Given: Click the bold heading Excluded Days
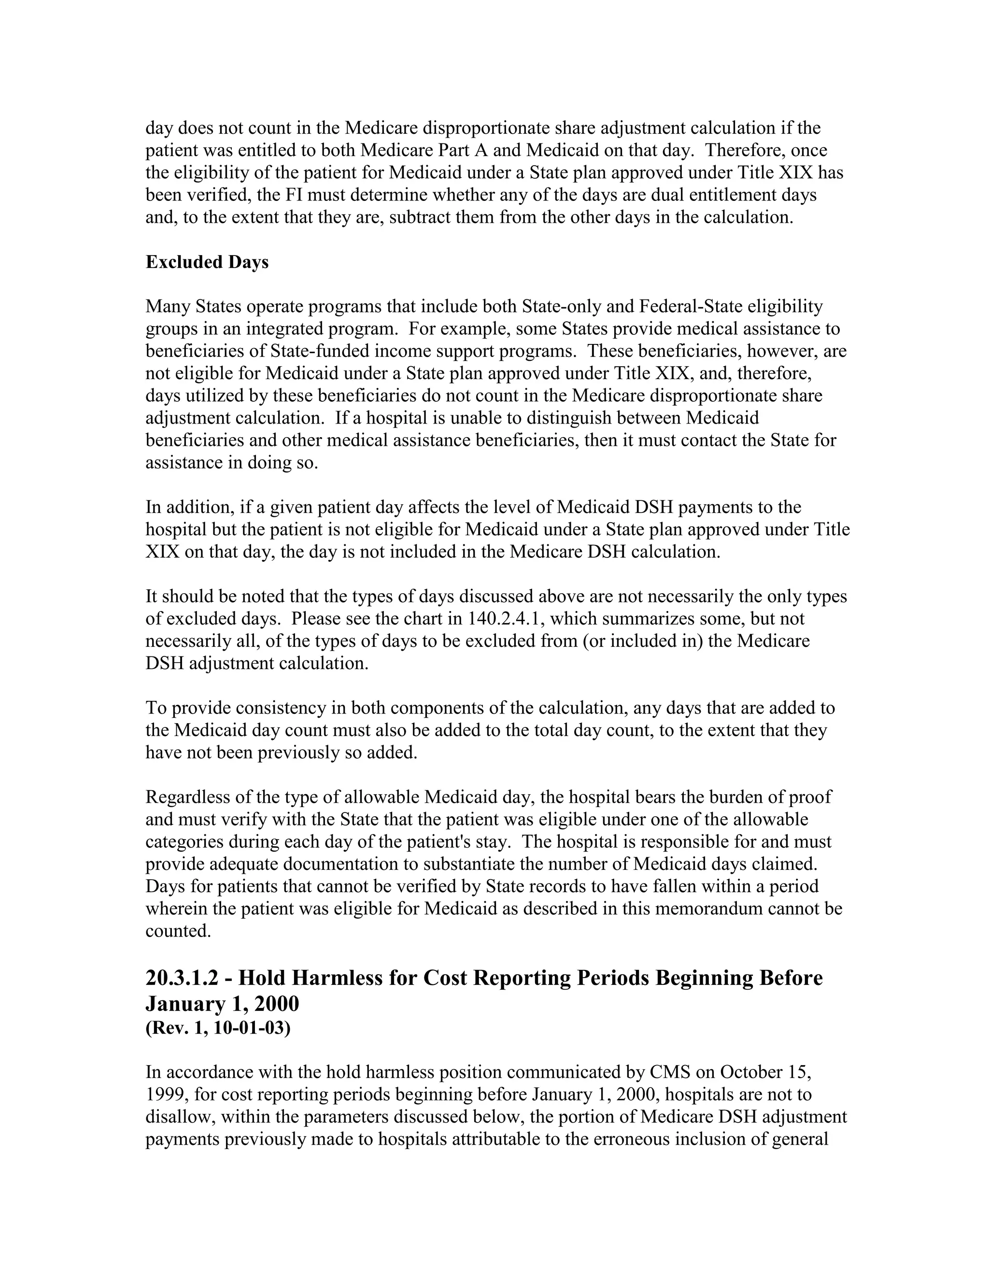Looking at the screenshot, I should (x=207, y=262).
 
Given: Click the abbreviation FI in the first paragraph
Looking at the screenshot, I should (x=295, y=195).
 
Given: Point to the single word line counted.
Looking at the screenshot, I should (x=178, y=931).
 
